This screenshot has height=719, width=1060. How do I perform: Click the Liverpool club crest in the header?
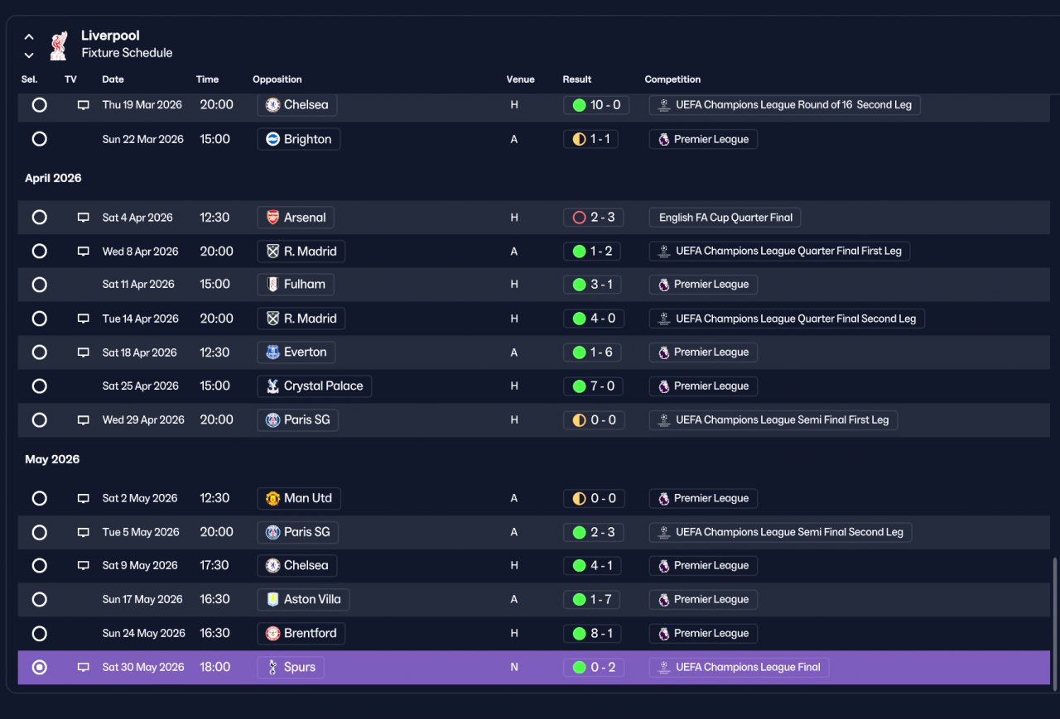[x=59, y=46]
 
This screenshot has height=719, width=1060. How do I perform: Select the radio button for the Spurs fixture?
[x=39, y=667]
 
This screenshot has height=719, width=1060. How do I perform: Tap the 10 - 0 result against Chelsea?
[x=595, y=105]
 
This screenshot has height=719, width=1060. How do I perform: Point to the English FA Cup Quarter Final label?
[x=725, y=218]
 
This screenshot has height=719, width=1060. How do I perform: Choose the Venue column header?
[x=520, y=79]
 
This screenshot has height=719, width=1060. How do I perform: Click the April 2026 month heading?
[x=53, y=178]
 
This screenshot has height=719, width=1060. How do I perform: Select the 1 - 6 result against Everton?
[x=592, y=352]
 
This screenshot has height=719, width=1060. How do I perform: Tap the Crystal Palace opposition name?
[x=323, y=386]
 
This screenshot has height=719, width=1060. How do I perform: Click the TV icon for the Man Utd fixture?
[x=84, y=498]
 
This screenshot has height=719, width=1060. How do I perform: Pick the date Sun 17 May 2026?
[x=142, y=599]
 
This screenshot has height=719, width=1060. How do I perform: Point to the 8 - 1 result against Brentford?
[x=592, y=634]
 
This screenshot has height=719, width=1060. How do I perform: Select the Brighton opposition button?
[x=299, y=139]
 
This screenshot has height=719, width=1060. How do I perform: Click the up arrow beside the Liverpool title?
[x=29, y=37]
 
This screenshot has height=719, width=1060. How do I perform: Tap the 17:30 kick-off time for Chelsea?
[x=214, y=565]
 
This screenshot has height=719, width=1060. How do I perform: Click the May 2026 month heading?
[x=52, y=459]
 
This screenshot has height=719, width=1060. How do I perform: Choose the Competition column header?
[x=672, y=79]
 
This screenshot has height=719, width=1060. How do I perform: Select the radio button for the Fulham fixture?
[x=39, y=285]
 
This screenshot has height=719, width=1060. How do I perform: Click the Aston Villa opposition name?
[x=312, y=599]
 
